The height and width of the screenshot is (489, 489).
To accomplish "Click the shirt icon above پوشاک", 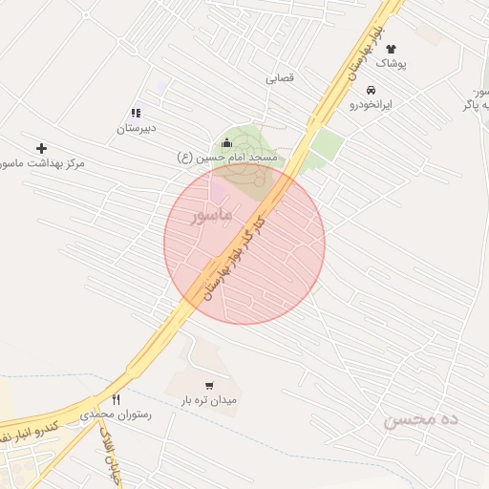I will (x=391, y=48).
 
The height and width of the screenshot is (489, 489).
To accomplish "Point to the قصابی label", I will (x=283, y=79).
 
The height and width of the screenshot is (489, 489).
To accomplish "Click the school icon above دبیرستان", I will (x=138, y=112).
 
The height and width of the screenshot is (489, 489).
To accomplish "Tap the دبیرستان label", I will (x=137, y=127).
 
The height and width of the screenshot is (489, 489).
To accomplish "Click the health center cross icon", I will (x=41, y=148).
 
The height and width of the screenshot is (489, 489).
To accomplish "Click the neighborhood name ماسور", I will (x=212, y=218).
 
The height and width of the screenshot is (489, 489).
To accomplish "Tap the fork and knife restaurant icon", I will (x=117, y=400).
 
